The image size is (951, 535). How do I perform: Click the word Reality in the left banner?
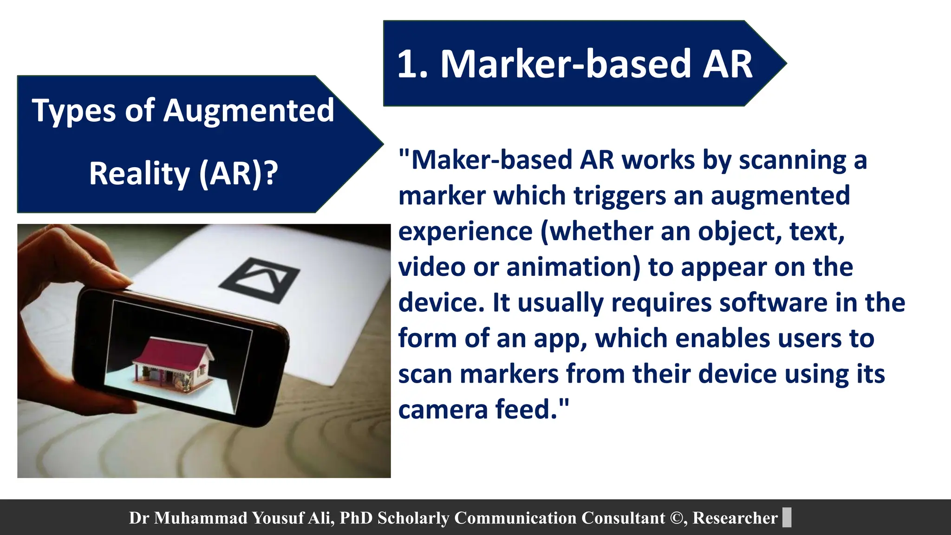point(139,173)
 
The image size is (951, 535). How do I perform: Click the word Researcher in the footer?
point(735,518)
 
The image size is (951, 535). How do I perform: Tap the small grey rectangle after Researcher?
point(787,517)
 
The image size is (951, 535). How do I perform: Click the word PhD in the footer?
point(356,518)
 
